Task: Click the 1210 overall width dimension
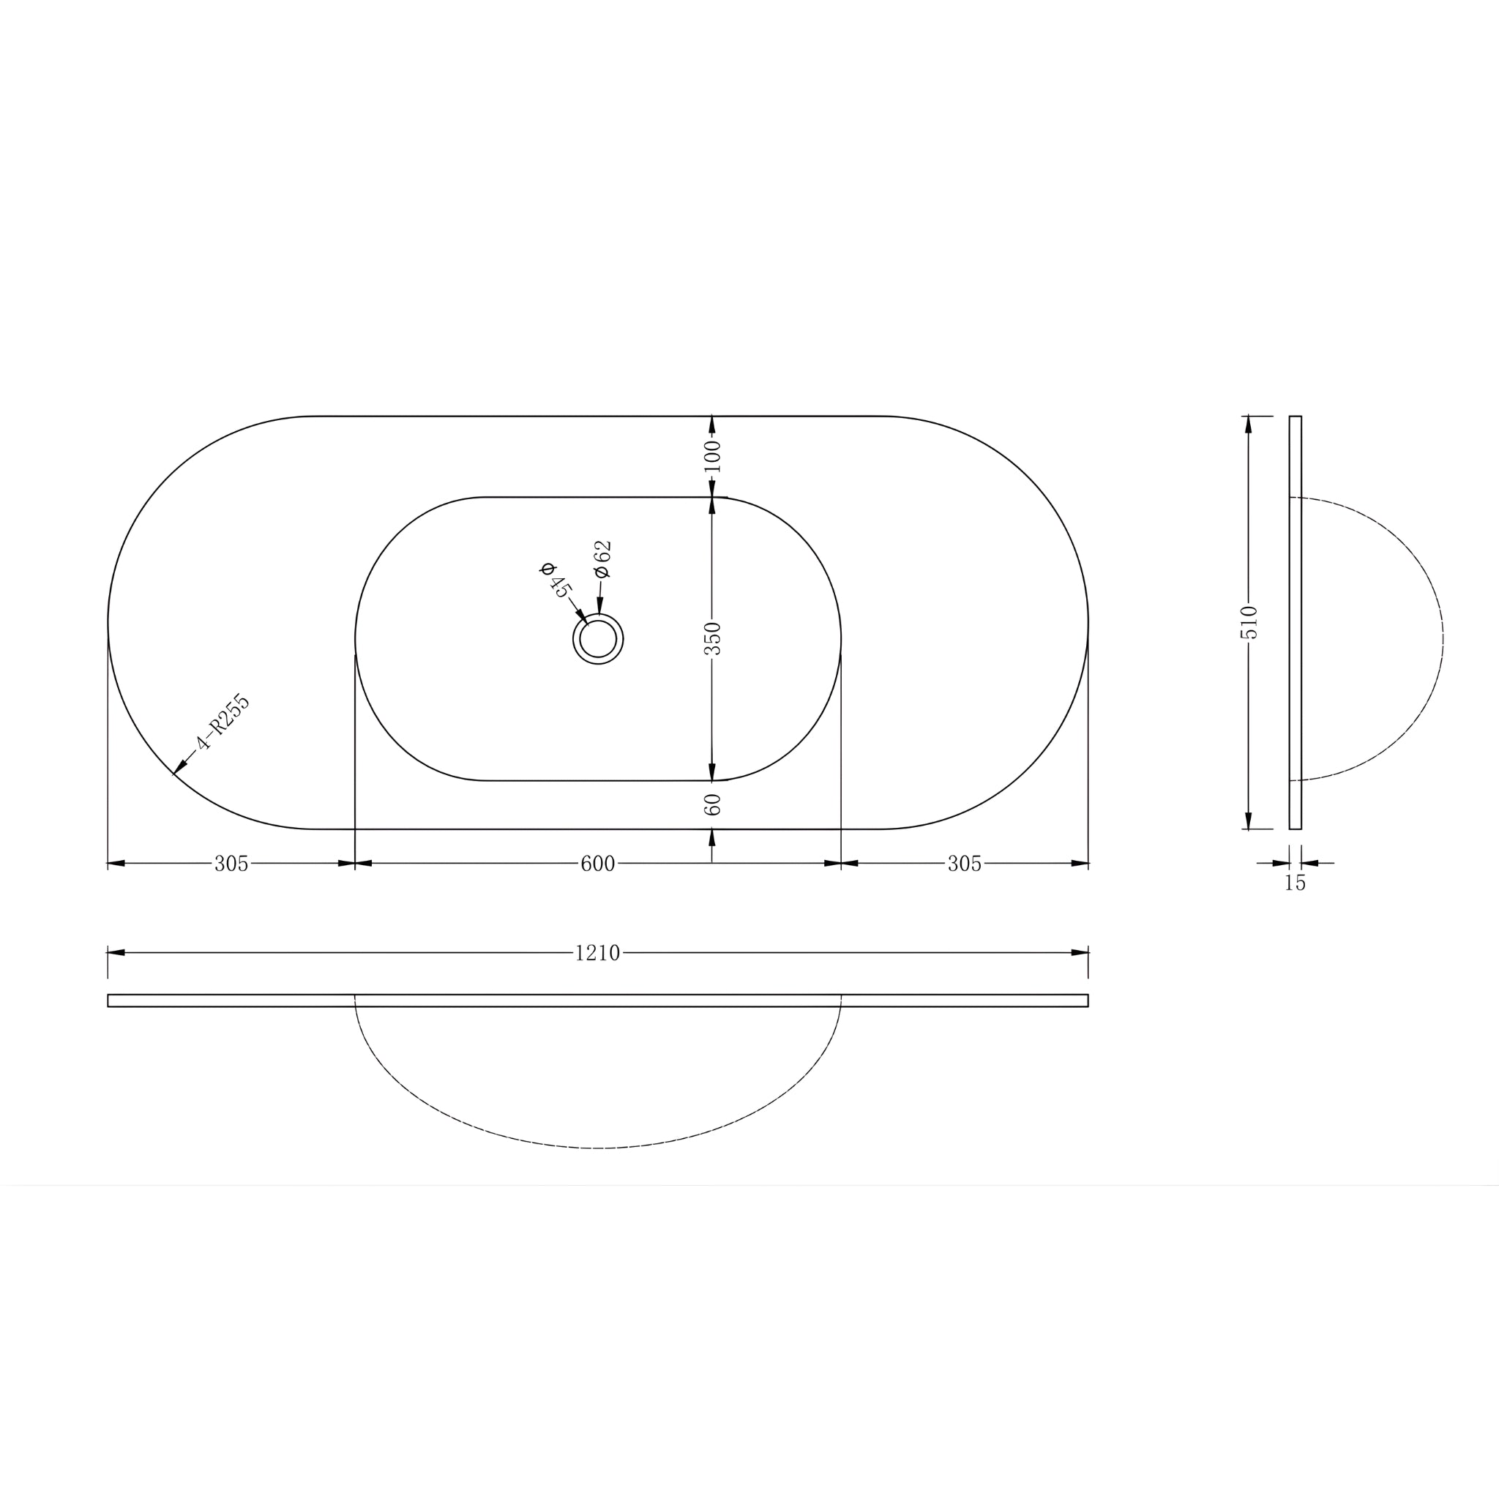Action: pos(597,953)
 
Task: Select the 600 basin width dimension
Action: pos(597,864)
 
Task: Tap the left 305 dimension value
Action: pos(231,864)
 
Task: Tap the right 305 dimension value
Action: pos(965,864)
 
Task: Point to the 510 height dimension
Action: pos(1249,622)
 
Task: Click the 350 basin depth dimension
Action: pos(712,638)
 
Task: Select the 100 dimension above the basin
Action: pos(712,456)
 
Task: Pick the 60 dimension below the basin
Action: pos(712,804)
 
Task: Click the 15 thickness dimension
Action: pos(1295,883)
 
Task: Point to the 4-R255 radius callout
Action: pos(223,722)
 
